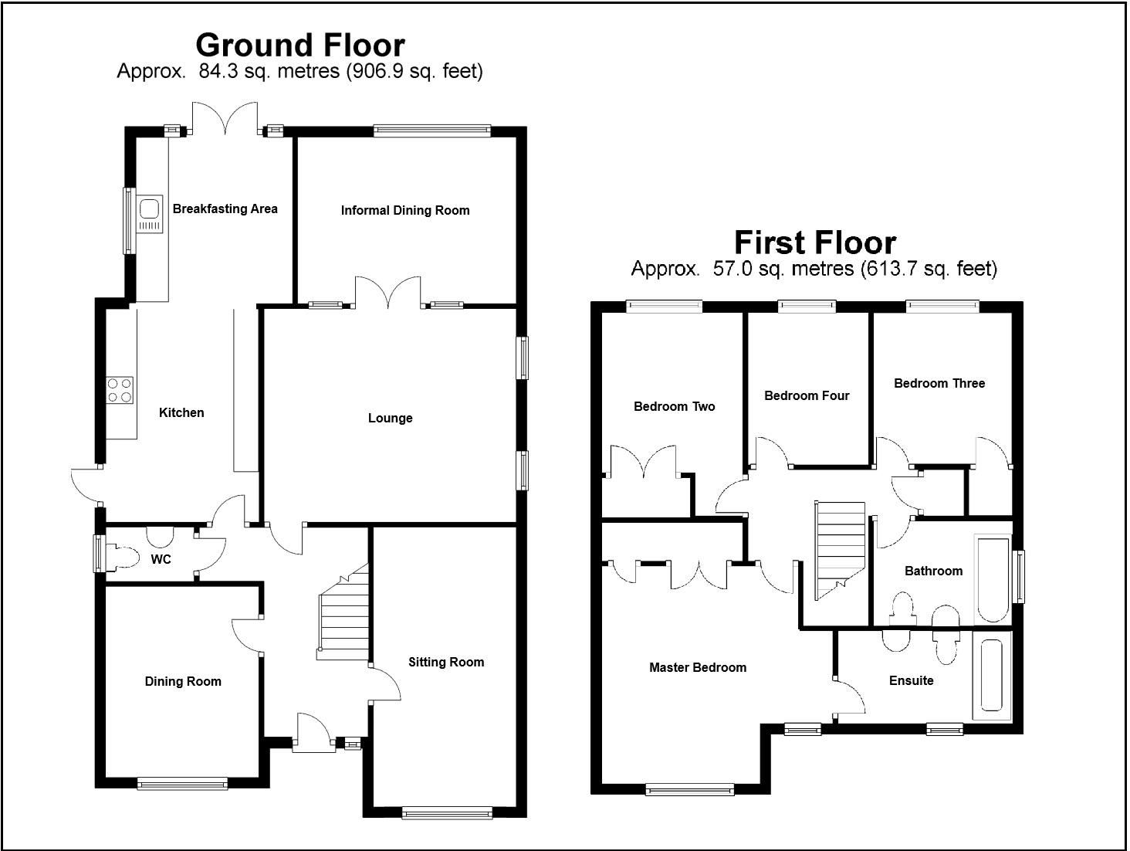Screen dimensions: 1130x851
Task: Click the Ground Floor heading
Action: point(300,46)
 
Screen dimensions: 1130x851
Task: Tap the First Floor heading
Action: point(814,243)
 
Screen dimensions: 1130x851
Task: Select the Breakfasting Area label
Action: point(225,209)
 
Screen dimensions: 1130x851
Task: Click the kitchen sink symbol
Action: point(150,213)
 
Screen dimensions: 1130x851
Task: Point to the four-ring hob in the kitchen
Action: point(120,390)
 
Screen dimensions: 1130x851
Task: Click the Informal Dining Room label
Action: point(405,211)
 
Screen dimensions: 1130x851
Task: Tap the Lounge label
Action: point(391,418)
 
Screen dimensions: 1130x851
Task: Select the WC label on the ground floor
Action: point(161,559)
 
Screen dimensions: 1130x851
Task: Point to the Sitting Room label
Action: point(446,662)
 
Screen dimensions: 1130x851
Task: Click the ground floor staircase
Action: point(343,612)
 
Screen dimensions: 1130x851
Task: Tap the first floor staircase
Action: point(840,551)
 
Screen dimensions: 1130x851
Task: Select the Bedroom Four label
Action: point(807,396)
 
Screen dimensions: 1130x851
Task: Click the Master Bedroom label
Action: point(698,668)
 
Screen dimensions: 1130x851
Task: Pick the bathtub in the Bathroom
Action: point(993,580)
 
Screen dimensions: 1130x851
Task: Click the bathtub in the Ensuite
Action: point(992,676)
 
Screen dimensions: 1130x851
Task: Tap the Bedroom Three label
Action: point(939,384)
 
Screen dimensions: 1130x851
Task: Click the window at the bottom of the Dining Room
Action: point(183,784)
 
